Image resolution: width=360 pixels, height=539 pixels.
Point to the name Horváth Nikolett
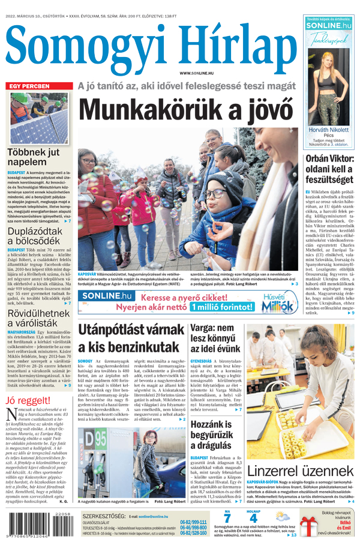328,130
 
